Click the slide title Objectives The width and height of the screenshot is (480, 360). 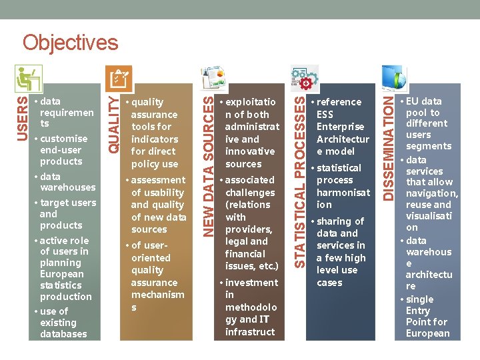pos(70,43)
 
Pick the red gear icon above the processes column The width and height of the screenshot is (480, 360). pos(305,81)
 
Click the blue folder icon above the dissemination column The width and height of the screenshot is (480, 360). pos(392,78)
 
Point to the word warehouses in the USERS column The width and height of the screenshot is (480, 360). pos(67,188)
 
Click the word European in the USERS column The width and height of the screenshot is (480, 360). pos(62,274)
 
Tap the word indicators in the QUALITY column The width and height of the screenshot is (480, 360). pos(155,139)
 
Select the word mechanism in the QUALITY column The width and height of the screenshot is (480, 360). pos(157,295)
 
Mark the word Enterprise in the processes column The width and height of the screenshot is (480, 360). pos(340,127)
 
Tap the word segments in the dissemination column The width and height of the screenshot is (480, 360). pos(429,146)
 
